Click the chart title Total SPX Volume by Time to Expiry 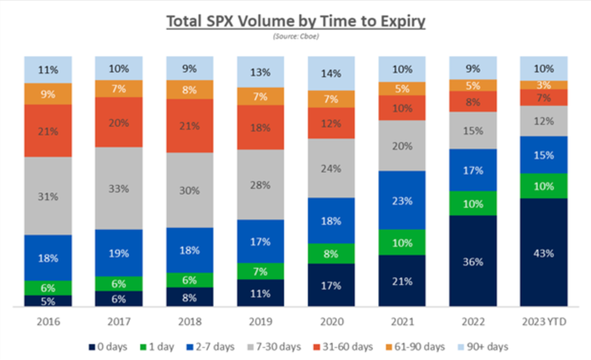pos(295,21)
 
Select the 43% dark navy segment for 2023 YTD pos(543,253)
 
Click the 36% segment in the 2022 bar pos(472,261)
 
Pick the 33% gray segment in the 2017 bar pos(119,188)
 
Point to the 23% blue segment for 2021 pos(402,200)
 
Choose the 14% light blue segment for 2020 pos(331,73)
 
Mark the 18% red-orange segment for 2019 pos(260,127)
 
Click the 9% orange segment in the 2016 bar pos(48,94)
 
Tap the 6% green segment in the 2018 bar pos(189,280)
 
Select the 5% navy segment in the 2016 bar pos(48,301)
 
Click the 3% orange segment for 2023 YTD pos(543,85)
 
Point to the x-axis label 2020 pos(331,322)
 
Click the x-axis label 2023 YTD pos(543,322)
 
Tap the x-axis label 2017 pos(119,322)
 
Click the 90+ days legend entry pos(486,346)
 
